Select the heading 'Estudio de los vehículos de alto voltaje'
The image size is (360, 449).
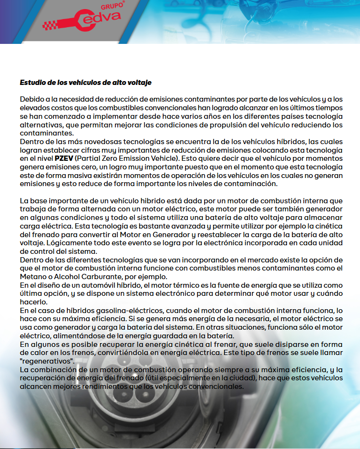[x=85, y=83]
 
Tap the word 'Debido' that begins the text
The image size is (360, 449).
[x=31, y=99]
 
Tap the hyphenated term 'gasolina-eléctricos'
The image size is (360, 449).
[x=114, y=310]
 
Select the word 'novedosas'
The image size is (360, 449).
[x=85, y=142]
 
